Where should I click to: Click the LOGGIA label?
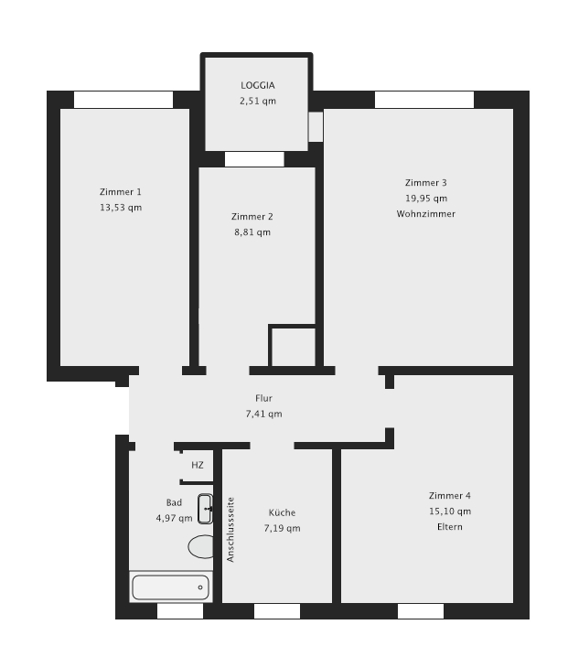coord(258,85)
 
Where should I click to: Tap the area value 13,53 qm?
coord(121,208)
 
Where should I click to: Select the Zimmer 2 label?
coord(252,217)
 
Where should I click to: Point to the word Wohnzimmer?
coord(426,214)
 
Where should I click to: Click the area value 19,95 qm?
coord(426,199)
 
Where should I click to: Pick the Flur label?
coord(264,398)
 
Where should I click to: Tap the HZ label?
coord(198,465)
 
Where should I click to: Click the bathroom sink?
coord(205,509)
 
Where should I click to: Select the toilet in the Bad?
coord(201,547)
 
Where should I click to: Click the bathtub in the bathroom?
coord(170,587)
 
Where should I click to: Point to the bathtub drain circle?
coord(200,587)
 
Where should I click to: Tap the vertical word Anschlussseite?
coord(230,530)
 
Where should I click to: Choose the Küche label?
coord(282,512)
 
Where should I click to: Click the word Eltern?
coord(450,527)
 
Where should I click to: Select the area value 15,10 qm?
coord(450,512)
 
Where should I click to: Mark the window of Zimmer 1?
coord(123,100)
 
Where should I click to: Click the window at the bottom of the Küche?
coord(277,611)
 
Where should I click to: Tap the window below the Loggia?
coord(254,159)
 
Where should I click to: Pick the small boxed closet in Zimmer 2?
coord(293,346)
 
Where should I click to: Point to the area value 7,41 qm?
coord(264,414)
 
